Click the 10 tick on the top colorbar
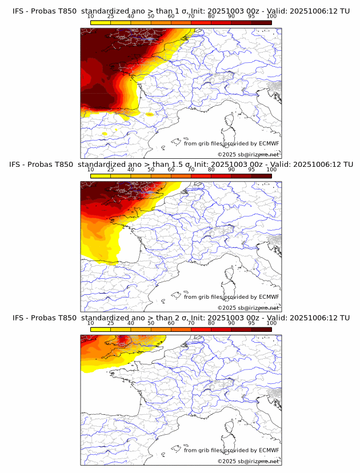point(91,16)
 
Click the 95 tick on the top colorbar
point(251,16)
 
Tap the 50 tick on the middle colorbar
point(151,170)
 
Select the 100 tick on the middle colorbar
point(271,170)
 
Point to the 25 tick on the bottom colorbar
point(111,323)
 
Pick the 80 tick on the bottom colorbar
point(211,323)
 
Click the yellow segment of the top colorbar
point(101,22)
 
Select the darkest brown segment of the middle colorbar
point(261,176)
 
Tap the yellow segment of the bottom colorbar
point(101,330)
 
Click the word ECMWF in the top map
point(269,143)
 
